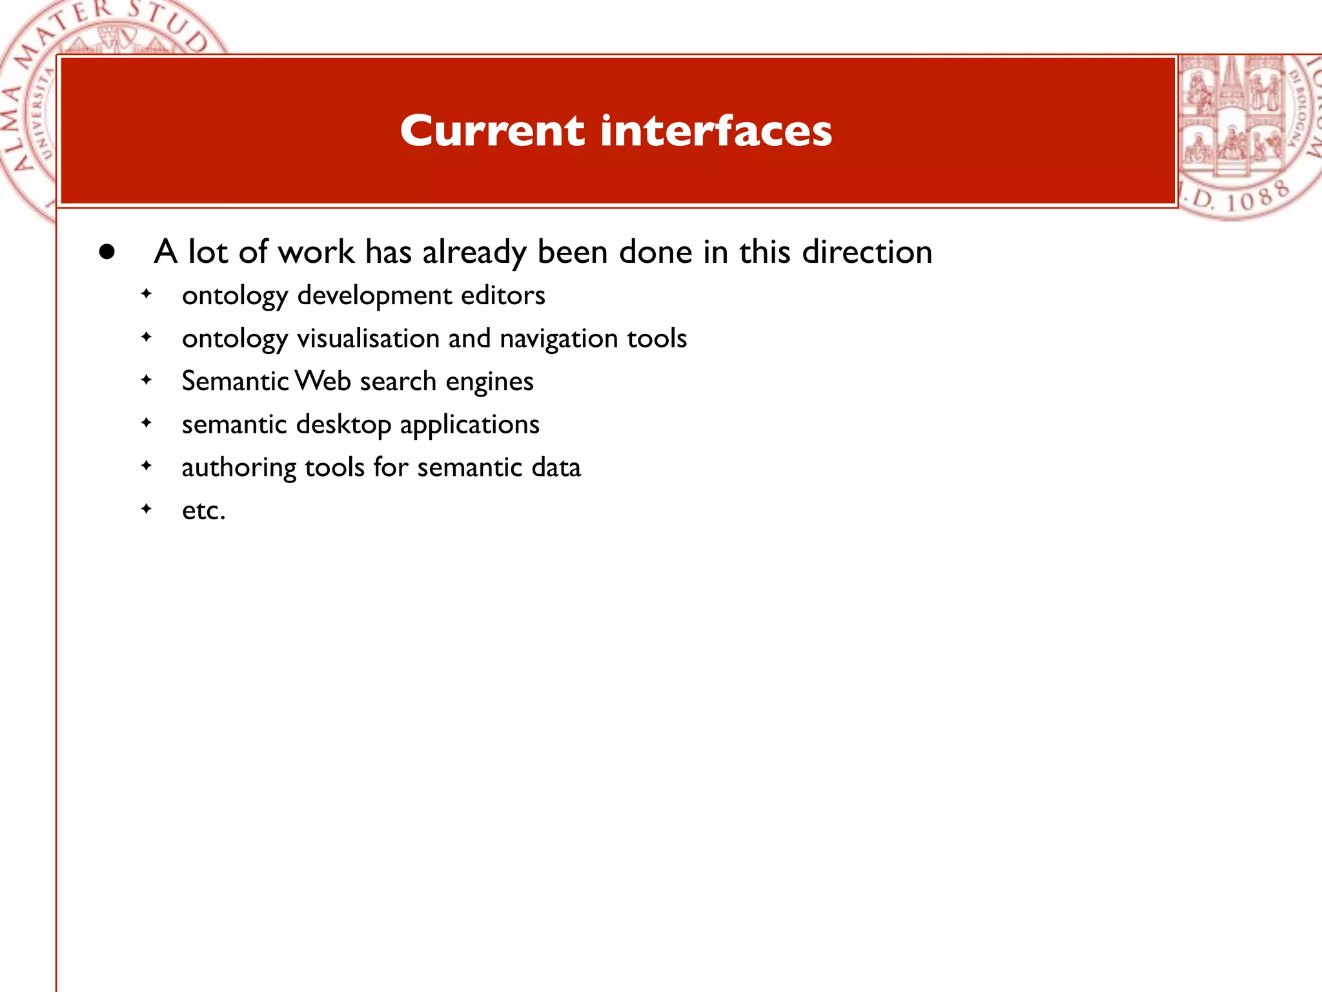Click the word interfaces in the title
[x=716, y=131]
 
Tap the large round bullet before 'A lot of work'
[x=107, y=252]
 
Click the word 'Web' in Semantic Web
[x=323, y=381]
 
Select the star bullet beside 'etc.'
[x=147, y=509]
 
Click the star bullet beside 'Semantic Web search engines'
[x=147, y=380]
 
